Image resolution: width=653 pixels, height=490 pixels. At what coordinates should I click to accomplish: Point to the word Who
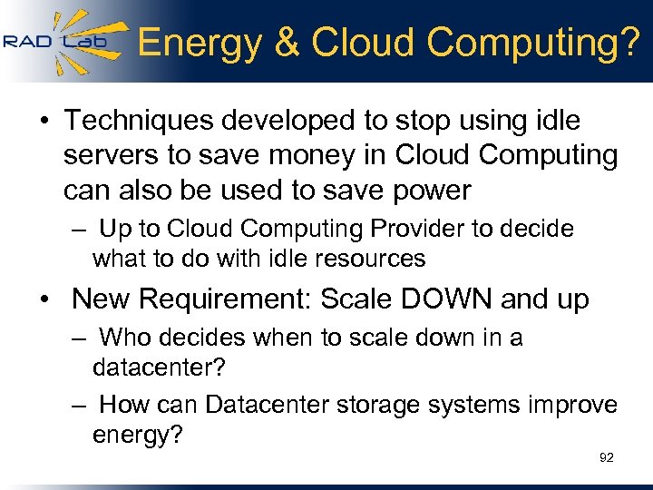(125, 338)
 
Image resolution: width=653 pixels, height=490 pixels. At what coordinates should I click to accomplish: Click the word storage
(379, 404)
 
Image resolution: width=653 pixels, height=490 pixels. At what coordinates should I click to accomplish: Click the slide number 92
(607, 457)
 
